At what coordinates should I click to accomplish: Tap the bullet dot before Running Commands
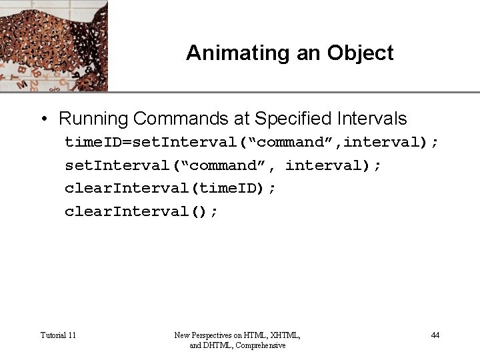43,119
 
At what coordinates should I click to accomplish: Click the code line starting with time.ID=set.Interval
251,142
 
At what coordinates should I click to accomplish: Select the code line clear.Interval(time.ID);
170,188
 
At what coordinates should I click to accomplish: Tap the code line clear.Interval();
141,211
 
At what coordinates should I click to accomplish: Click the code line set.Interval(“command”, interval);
223,165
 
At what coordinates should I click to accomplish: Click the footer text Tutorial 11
58,335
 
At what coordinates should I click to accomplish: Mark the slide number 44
435,335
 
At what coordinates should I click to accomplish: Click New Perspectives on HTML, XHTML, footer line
237,335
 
